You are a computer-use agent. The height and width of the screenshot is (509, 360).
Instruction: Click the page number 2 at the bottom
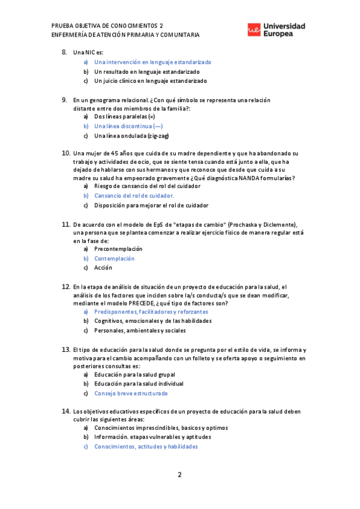179,475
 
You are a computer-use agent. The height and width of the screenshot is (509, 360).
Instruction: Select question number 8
65,52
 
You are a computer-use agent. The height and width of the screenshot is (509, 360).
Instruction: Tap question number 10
66,154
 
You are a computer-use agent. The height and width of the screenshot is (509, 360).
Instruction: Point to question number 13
66,349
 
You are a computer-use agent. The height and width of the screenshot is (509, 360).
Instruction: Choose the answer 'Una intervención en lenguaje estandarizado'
152,62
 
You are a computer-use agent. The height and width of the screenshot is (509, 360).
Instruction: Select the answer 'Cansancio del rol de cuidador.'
134,196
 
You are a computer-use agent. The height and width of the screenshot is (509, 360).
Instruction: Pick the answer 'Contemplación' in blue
114,259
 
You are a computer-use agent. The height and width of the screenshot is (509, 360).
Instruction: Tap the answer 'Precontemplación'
118,248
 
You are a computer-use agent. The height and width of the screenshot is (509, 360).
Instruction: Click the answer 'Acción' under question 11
103,268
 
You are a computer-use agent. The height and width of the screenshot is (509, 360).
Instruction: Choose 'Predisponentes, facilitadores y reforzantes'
151,312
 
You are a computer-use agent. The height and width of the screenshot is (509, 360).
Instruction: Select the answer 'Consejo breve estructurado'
131,393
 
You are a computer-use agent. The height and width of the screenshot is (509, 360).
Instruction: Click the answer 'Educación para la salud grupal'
134,374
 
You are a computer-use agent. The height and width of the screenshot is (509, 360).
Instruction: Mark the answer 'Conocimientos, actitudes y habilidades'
146,447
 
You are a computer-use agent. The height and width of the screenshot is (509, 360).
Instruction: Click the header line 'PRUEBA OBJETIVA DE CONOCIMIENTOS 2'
107,26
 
